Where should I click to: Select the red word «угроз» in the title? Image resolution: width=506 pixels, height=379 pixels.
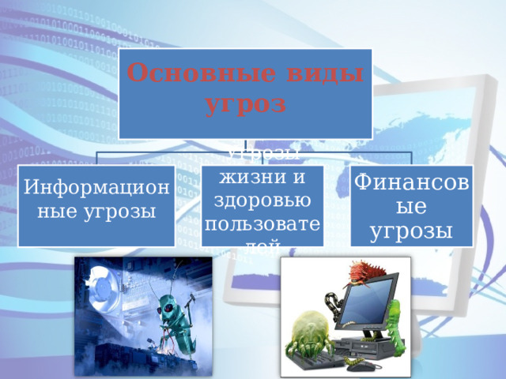coord(245,103)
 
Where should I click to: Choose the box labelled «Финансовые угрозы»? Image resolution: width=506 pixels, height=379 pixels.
coord(412,205)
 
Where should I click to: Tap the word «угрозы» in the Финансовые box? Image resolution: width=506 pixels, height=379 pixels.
coord(412,231)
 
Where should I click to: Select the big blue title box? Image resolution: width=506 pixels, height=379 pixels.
coord(245,93)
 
